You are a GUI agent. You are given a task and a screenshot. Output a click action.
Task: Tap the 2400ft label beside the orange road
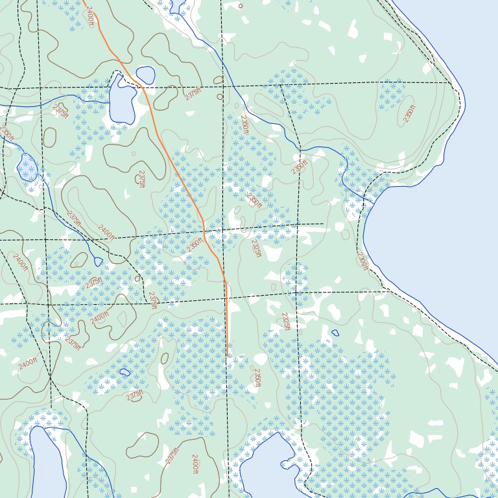coord(89,16)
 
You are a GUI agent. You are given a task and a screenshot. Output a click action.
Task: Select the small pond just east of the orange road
coord(145,75)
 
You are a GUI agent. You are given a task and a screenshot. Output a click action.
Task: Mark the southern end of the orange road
coord(228,355)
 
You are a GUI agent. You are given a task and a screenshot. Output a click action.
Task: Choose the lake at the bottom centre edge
coord(266,467)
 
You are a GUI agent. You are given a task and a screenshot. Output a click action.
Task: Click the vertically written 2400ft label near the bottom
coord(195,465)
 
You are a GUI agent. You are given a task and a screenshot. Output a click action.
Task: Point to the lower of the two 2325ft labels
coord(284,321)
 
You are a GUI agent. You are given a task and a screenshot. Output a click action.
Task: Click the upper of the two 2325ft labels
coord(256,248)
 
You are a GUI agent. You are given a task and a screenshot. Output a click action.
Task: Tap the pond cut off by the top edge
coord(176,6)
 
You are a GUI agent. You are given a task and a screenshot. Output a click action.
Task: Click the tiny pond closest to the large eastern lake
coord(335,333)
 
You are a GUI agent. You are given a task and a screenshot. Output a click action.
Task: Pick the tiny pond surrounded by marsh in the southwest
coord(124,372)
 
